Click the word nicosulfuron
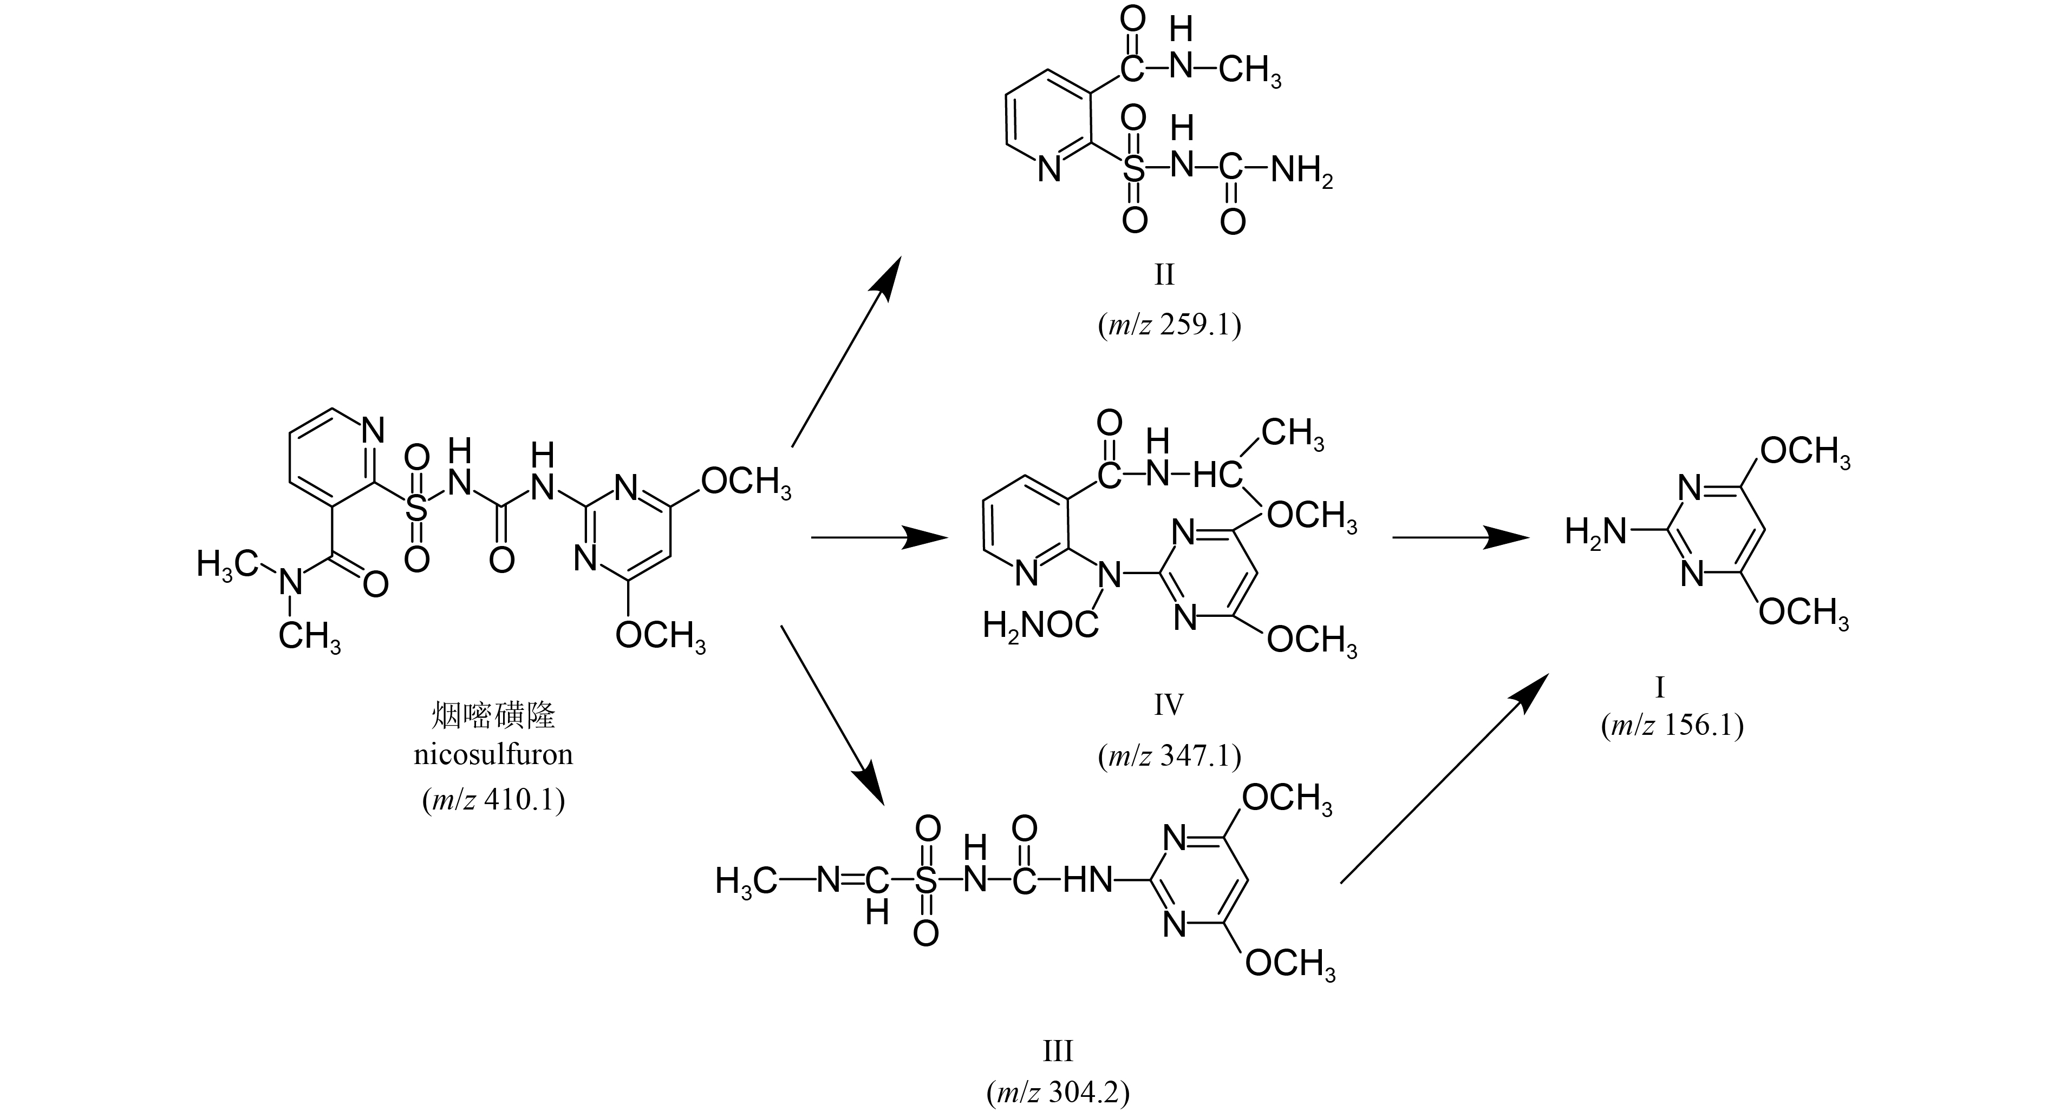(493, 754)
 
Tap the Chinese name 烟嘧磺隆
(493, 715)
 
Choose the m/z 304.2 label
(1058, 1094)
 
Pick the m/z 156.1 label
(1672, 725)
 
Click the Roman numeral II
(1164, 275)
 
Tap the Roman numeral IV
(1168, 705)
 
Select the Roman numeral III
(1058, 1051)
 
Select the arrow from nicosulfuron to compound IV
(878, 538)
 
